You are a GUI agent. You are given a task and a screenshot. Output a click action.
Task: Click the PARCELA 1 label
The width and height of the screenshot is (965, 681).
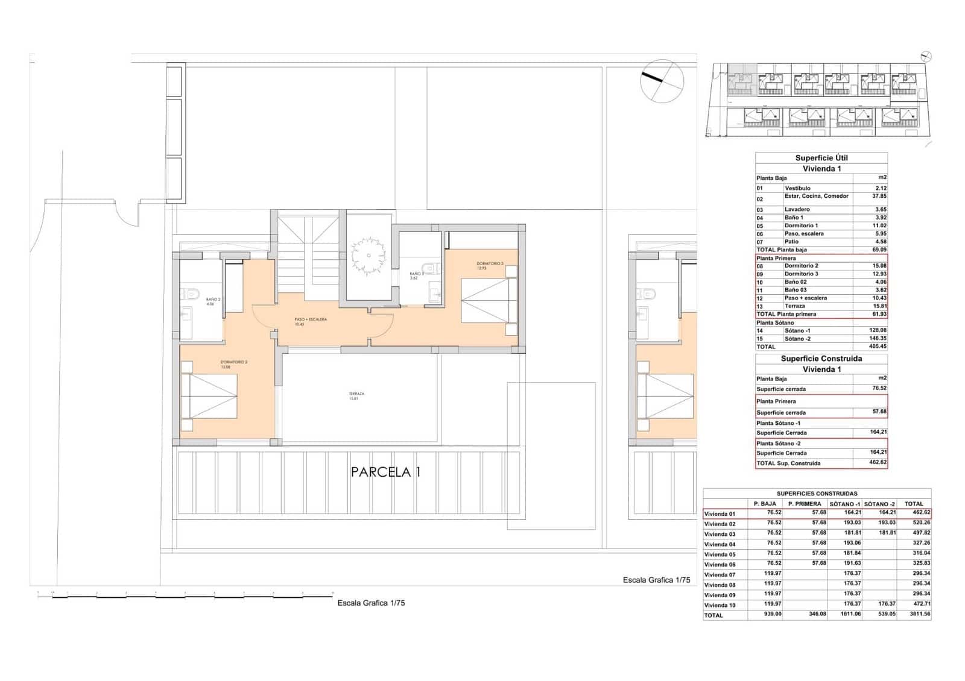385,472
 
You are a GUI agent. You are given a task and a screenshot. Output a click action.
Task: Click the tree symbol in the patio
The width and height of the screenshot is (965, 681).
367,256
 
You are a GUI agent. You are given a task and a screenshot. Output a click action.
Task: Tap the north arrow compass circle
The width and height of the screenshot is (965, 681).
662,81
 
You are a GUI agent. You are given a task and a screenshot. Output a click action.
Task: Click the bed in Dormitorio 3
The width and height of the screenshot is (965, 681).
489,301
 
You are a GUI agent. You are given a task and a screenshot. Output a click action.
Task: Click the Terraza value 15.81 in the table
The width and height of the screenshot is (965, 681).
878,306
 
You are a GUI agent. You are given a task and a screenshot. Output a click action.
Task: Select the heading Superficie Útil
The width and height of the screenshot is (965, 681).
821,158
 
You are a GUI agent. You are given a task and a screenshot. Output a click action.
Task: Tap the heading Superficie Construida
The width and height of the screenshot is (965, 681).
821,359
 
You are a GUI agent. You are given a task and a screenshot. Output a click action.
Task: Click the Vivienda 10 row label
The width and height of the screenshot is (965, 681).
720,605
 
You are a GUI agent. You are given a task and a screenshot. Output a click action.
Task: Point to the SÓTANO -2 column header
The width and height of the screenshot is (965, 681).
879,504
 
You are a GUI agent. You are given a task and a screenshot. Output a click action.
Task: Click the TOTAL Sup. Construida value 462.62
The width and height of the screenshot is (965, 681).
878,463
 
